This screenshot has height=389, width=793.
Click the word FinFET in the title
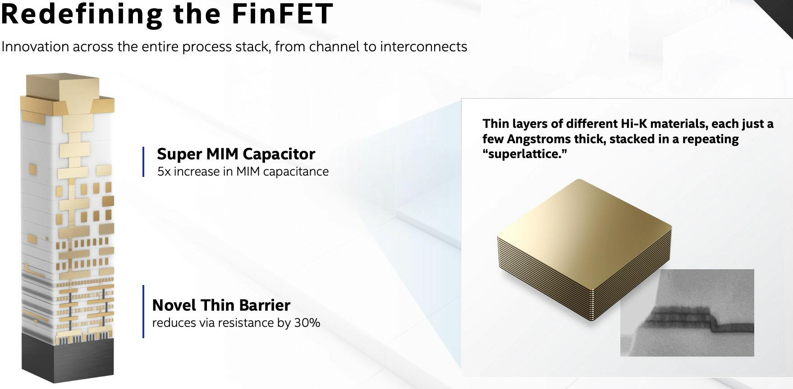pos(282,14)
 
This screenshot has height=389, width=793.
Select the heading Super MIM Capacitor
pos(236,154)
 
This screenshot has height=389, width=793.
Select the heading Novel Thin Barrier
pos(221,305)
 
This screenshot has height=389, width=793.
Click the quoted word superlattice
pos(524,154)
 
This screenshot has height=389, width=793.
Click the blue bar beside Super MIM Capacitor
pos(143,162)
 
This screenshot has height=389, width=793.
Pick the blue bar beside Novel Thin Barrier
pos(143,311)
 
